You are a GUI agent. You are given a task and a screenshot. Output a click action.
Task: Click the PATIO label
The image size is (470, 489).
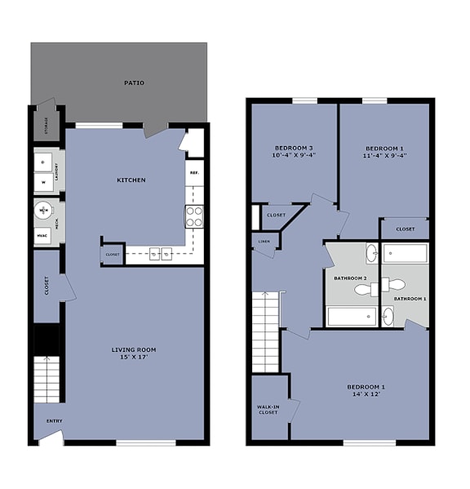pos(135,82)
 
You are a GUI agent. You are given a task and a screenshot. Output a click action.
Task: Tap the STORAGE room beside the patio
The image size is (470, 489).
pos(46,127)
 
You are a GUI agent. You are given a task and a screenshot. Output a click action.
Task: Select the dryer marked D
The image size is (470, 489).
pos(43,162)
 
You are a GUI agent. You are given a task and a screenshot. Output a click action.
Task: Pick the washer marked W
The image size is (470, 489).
pos(43,183)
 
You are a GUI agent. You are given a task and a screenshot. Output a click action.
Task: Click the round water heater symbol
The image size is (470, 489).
pos(43,211)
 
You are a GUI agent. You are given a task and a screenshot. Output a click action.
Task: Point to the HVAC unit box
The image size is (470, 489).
pos(43,235)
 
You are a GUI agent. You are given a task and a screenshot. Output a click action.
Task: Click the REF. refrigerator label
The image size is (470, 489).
pos(194,173)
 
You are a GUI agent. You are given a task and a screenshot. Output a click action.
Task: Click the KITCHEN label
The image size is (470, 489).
pos(131,180)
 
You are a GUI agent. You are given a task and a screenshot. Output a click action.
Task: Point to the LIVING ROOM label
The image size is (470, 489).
pos(134,349)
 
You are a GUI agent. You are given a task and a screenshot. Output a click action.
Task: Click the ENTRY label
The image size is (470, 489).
pos(54,421)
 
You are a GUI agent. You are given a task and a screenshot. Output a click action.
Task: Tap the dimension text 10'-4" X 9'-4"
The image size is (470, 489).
pos(293,155)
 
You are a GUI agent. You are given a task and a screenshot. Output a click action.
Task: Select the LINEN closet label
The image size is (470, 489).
pos(264,242)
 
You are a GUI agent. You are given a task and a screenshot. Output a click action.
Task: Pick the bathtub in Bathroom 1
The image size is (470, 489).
pos(405,254)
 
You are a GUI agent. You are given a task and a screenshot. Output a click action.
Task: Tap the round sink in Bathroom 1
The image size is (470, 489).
pos(388,317)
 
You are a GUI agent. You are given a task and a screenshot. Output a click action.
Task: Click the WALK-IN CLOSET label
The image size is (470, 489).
pos(268,409)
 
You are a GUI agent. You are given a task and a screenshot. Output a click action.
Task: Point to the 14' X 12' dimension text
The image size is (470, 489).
pos(363,394)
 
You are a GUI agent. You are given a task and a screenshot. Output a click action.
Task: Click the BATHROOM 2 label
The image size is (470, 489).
pos(350,278)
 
